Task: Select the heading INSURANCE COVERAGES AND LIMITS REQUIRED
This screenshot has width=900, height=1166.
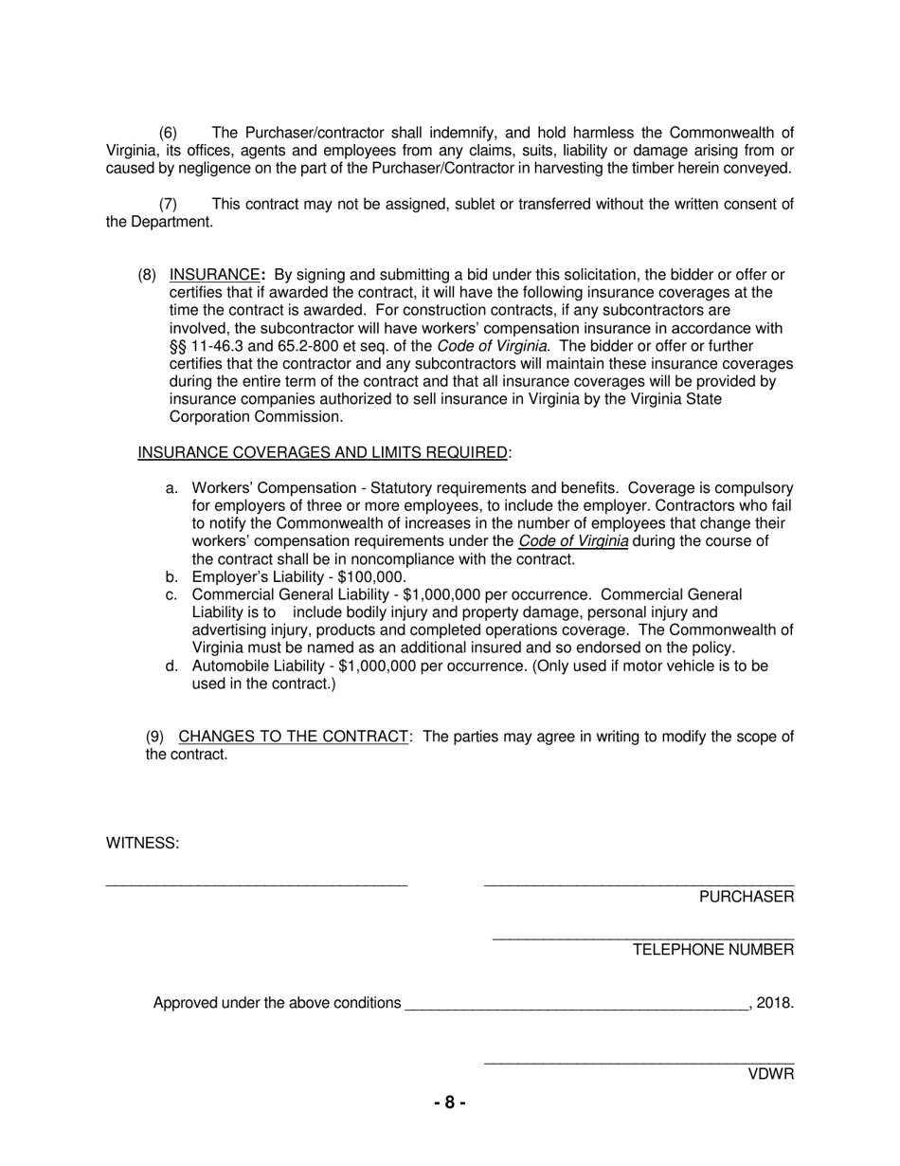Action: click(322, 453)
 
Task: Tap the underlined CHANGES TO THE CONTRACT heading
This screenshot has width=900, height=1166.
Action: click(293, 737)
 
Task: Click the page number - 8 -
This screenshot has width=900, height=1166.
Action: click(450, 1102)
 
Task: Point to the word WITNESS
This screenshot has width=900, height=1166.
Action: click(142, 843)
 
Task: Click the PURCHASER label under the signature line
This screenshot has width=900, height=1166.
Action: click(747, 897)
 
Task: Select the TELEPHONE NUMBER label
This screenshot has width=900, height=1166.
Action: click(713, 950)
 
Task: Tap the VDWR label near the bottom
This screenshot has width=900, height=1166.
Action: click(771, 1074)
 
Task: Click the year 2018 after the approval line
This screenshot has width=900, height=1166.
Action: click(774, 1003)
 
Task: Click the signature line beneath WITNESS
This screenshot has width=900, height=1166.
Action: click(256, 884)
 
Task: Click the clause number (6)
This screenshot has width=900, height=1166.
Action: click(168, 133)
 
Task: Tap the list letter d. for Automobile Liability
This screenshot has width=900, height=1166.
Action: click(171, 666)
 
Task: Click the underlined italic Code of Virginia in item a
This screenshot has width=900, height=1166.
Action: click(573, 541)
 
